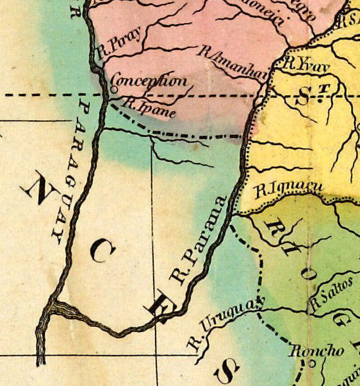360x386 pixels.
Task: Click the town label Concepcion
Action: point(148,83)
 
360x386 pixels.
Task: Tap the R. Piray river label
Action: point(114,46)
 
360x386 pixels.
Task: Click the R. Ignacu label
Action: point(288,190)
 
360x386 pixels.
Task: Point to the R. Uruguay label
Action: point(223,322)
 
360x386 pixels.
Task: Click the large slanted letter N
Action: point(38,191)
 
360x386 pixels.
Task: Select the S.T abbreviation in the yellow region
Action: point(312,95)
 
